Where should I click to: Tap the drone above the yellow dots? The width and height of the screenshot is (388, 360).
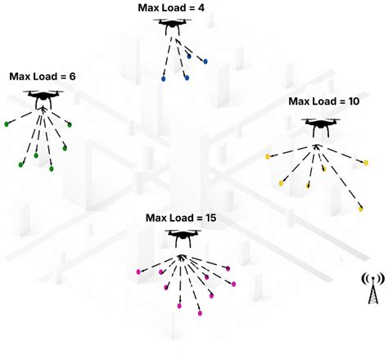pos(319,124)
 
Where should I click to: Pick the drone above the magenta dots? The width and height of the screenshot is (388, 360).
pos(182,237)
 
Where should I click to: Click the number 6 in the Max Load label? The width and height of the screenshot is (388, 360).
pos(72,76)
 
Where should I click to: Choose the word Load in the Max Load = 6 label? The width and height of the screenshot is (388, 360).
pos(47,76)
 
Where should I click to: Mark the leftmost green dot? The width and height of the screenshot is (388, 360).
pos(7,124)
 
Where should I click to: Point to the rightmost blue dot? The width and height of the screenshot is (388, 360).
pos(205,60)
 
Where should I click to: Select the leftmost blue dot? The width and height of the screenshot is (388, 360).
pos(165,79)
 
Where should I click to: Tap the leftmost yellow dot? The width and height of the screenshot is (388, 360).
pos(268,155)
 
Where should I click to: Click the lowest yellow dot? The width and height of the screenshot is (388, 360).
pos(360,209)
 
